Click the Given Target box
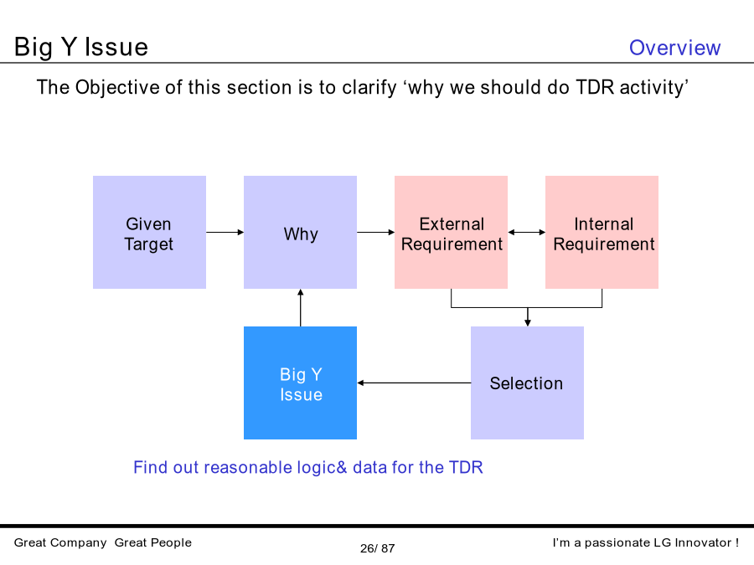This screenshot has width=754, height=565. (x=150, y=232)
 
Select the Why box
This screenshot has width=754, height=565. (x=300, y=232)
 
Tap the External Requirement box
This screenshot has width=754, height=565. (x=451, y=232)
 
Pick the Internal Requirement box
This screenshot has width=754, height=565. (x=602, y=232)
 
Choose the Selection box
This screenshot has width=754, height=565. (x=527, y=383)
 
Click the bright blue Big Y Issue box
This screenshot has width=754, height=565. (x=300, y=383)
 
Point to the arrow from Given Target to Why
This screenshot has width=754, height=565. (x=225, y=232)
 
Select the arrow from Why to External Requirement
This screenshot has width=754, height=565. (x=375, y=232)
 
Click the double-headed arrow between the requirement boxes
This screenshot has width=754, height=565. (x=527, y=232)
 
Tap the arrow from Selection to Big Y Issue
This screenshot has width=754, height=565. (x=414, y=383)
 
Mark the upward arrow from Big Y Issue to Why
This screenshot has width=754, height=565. (x=301, y=307)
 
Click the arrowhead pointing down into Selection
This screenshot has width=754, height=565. (x=528, y=323)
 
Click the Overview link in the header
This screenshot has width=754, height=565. (x=674, y=48)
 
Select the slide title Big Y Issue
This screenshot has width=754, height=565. (x=80, y=47)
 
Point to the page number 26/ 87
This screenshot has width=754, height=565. (x=378, y=548)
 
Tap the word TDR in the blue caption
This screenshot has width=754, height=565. (x=466, y=467)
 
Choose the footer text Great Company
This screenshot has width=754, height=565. (x=60, y=543)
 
